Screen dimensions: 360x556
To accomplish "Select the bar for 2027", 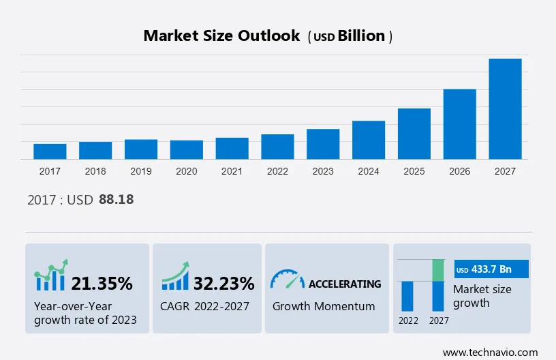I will [x=505, y=109].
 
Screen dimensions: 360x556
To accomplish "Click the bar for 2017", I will [x=50, y=151].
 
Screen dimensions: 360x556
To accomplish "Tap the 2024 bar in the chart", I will [x=369, y=140].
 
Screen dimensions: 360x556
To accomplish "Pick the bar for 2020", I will [x=187, y=149].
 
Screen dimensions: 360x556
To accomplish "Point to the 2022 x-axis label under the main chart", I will [x=277, y=171].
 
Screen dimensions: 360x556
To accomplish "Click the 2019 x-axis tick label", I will [x=141, y=171].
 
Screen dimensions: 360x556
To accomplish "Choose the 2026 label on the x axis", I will [x=460, y=171].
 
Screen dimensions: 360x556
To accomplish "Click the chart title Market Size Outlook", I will [x=221, y=36].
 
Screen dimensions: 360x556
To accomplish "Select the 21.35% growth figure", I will [x=102, y=283].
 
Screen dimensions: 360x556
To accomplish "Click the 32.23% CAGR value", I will [x=223, y=283].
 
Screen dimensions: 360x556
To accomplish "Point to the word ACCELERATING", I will [x=345, y=284].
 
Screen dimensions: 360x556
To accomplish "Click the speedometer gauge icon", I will [x=287, y=279].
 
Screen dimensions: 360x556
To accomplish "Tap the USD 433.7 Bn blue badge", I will [x=491, y=269].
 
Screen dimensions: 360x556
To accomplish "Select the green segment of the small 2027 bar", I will [x=439, y=270].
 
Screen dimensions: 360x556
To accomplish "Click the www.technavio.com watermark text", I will [x=490, y=352].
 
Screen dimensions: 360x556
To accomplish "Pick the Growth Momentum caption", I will [x=324, y=306].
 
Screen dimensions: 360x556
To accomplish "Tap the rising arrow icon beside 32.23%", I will [x=175, y=276].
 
